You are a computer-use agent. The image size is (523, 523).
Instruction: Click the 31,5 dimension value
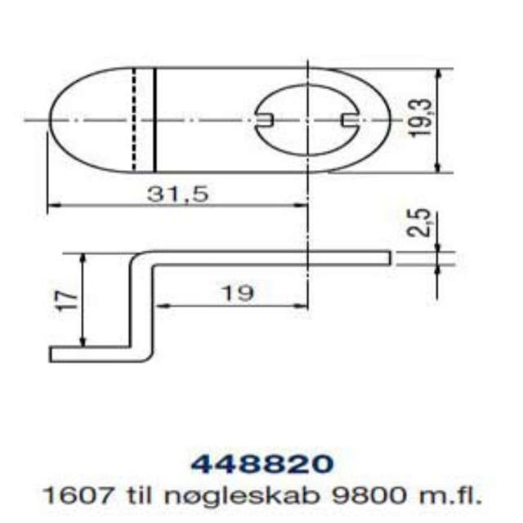[x=178, y=194]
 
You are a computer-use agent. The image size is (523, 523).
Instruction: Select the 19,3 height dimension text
[x=421, y=120]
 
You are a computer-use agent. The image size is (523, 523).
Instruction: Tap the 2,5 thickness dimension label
[x=421, y=223]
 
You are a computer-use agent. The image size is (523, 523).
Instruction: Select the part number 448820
[x=261, y=463]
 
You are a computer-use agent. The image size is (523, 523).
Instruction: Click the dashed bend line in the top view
[x=133, y=120]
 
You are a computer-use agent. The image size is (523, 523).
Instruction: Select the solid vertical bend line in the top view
[x=154, y=120]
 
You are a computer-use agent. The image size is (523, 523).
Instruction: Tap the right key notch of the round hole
[x=349, y=120]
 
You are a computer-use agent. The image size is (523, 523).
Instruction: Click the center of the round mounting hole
[x=306, y=120]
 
